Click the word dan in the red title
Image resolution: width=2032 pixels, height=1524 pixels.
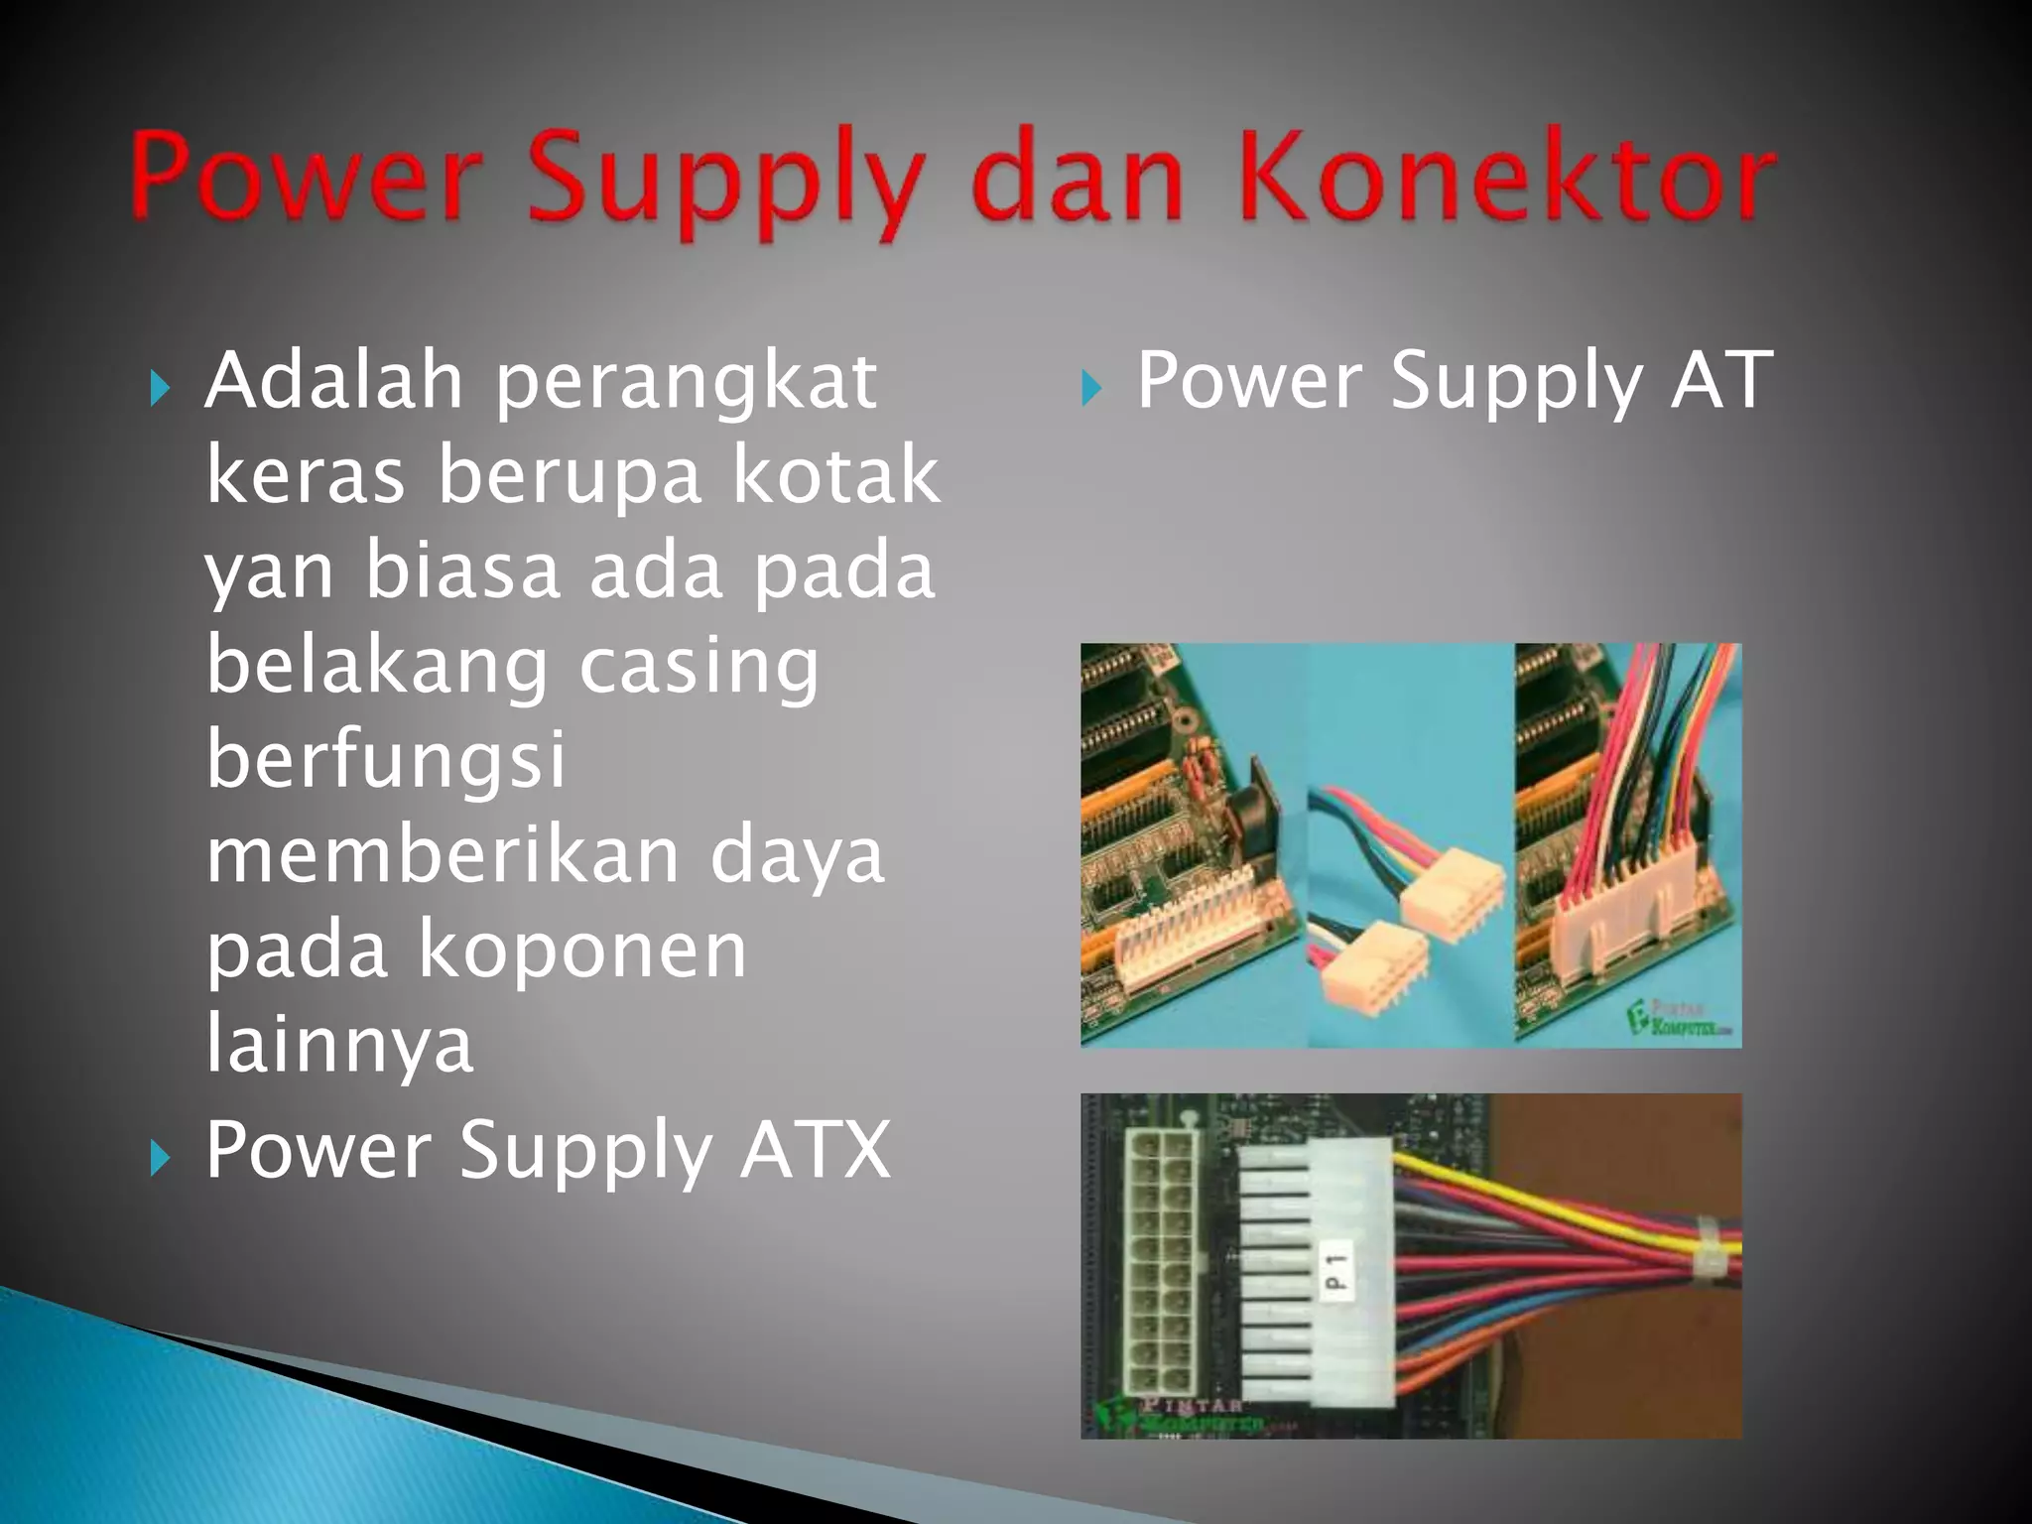(1079, 179)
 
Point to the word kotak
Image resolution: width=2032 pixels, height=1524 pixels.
(835, 475)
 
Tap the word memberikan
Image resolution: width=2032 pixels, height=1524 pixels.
(443, 855)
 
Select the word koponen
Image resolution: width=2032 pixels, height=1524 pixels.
(582, 951)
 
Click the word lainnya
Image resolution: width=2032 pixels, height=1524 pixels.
(339, 1045)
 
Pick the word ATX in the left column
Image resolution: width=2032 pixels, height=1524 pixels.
(816, 1149)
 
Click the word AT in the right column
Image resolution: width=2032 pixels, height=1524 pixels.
(1721, 380)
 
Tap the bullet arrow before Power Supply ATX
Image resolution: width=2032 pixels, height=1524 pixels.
(159, 1157)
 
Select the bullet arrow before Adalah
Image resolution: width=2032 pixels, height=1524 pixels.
(159, 388)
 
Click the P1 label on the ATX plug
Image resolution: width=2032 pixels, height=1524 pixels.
(1336, 1271)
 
